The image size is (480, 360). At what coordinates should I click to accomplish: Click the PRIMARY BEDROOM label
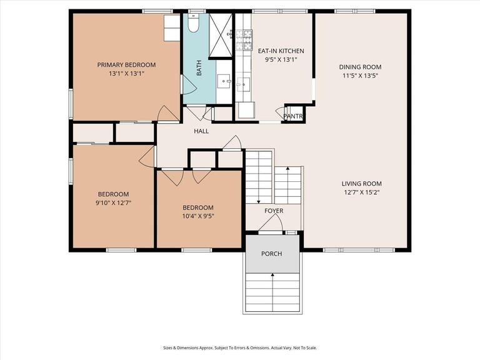[x=126, y=64]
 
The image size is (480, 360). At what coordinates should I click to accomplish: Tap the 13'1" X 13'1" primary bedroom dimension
[x=126, y=73]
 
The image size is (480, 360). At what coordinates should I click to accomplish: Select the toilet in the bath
[x=193, y=24]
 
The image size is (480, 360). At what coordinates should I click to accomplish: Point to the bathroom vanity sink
[x=223, y=81]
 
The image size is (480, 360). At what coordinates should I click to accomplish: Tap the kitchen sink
[x=242, y=81]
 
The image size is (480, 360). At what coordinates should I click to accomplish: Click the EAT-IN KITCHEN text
[x=281, y=51]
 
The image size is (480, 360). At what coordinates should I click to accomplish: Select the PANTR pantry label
[x=292, y=116]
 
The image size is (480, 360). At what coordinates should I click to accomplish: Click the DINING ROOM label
[x=360, y=67]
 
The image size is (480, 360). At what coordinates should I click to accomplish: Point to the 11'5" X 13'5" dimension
[x=360, y=76]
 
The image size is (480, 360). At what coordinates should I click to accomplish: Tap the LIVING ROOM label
[x=361, y=184]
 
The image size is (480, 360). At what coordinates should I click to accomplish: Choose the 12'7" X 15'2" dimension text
[x=361, y=192]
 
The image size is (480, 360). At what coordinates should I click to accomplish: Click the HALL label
[x=201, y=131]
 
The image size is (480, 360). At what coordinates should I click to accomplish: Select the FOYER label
[x=274, y=211]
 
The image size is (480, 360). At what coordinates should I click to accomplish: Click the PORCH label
[x=272, y=254]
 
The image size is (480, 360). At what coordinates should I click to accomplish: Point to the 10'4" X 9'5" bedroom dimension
[x=198, y=217]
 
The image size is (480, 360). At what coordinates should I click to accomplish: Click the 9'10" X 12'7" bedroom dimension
[x=113, y=202]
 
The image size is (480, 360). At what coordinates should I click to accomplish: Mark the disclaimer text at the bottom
[x=239, y=348]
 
